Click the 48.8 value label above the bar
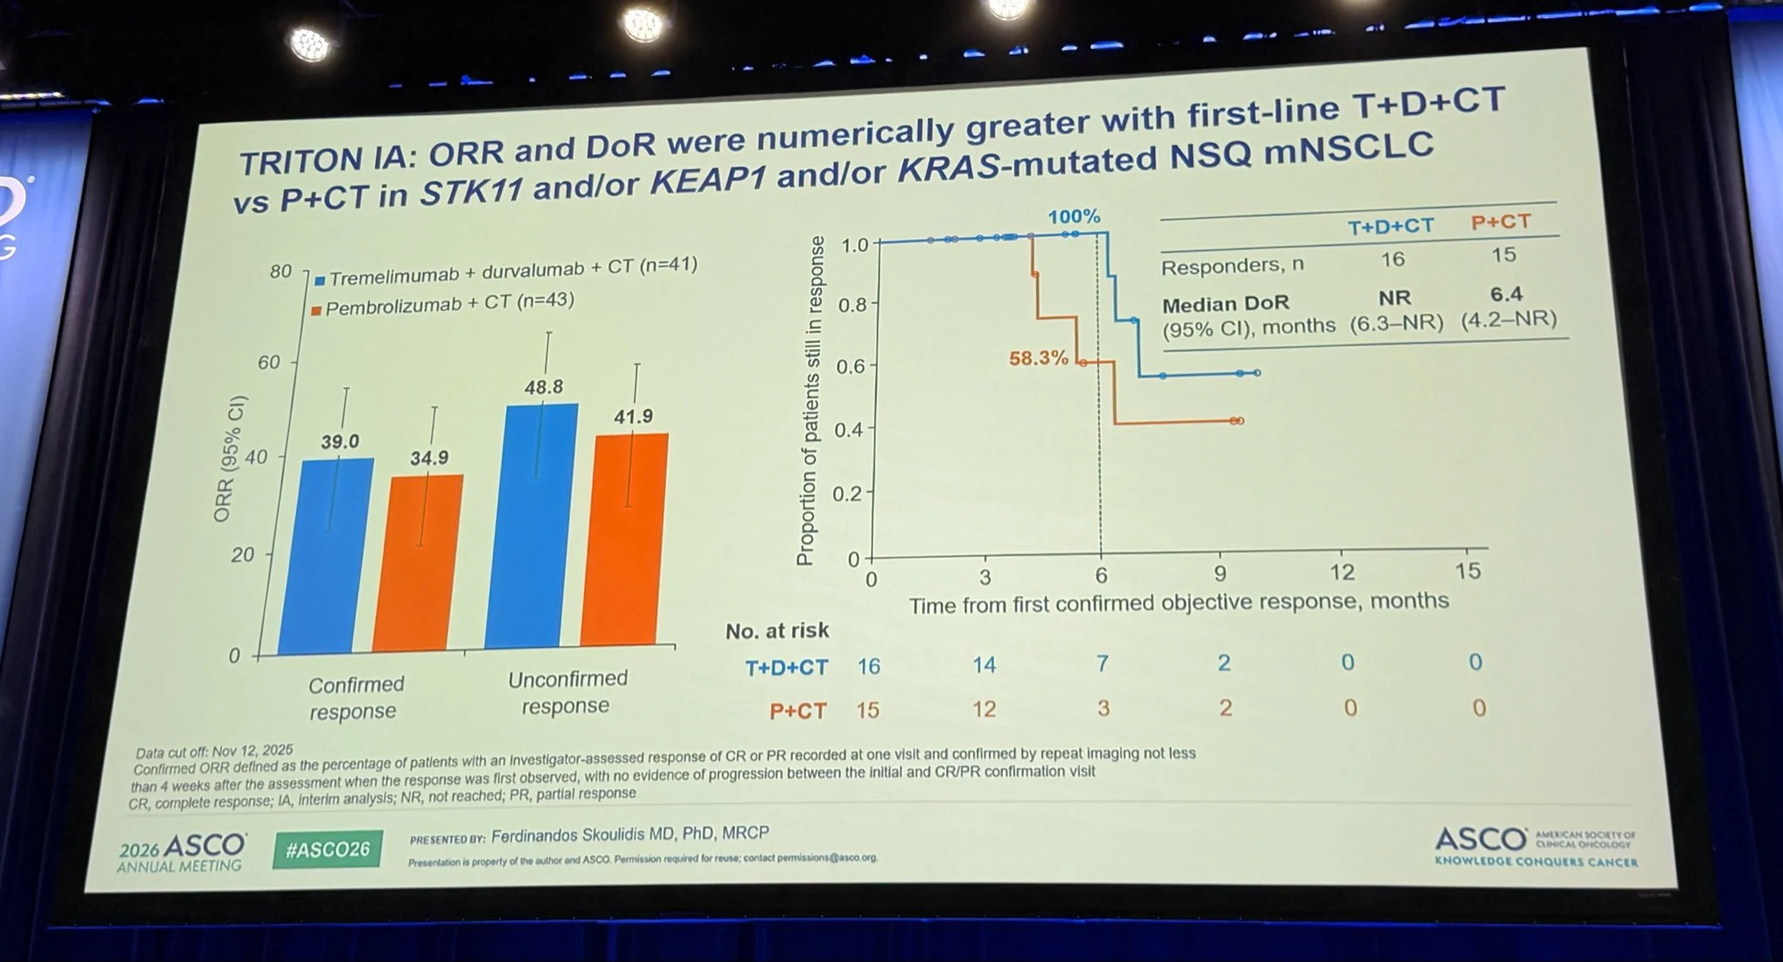click(x=543, y=387)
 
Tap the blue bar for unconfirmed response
click(x=531, y=527)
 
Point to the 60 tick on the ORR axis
click(x=269, y=362)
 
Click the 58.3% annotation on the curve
click(x=1038, y=358)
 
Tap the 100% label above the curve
click(x=1073, y=217)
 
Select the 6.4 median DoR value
click(x=1506, y=294)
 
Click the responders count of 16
click(x=1392, y=259)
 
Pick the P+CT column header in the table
click(x=1500, y=222)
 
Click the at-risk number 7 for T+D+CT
click(x=1102, y=664)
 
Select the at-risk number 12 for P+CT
click(x=984, y=710)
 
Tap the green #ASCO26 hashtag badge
click(x=327, y=849)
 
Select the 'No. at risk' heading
click(x=777, y=630)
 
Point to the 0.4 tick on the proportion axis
click(x=848, y=430)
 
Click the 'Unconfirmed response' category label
click(x=568, y=692)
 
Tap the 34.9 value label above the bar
click(x=429, y=458)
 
